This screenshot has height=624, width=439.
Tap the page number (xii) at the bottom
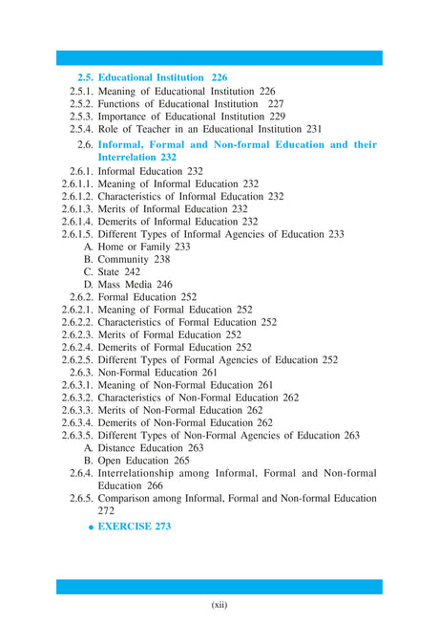pos(219,604)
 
